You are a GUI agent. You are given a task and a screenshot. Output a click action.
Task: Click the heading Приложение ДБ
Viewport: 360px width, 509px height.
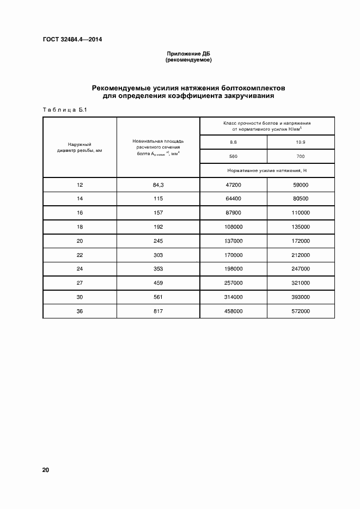pos(188,53)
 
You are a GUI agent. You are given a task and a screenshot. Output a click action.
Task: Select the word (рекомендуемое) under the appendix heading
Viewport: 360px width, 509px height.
pos(188,60)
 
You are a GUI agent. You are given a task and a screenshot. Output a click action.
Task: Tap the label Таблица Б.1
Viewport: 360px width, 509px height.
pos(61,111)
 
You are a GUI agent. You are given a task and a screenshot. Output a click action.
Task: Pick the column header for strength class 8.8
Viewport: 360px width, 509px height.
pos(234,142)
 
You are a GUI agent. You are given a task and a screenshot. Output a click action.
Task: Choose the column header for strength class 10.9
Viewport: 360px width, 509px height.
pos(301,142)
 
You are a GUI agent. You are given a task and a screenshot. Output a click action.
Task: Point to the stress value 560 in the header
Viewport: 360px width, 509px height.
pos(234,156)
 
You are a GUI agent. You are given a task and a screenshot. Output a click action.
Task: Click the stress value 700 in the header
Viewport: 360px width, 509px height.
pos(301,156)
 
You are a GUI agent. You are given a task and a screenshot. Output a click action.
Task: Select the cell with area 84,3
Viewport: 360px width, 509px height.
pos(158,185)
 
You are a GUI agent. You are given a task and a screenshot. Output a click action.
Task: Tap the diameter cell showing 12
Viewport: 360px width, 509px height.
pos(80,185)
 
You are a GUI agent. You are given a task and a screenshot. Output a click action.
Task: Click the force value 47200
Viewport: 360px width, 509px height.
pos(234,185)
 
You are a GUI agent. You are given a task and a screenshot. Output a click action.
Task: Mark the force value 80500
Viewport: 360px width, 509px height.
pos(301,199)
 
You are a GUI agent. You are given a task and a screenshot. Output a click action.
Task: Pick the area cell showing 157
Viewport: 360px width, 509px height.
pos(158,213)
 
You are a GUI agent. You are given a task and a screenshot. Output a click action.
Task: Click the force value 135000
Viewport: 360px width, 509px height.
pos(301,226)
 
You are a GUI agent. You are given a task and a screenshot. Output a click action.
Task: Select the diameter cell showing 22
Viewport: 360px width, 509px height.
pos(80,255)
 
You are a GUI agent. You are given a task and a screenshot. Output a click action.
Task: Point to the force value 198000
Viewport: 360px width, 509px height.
pos(234,269)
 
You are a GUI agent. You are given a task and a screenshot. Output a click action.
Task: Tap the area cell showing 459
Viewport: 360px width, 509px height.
pos(158,283)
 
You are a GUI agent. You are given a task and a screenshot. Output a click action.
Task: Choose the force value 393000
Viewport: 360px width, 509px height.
pos(301,297)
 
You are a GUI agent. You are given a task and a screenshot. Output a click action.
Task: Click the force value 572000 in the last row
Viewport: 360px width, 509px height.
pos(301,311)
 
